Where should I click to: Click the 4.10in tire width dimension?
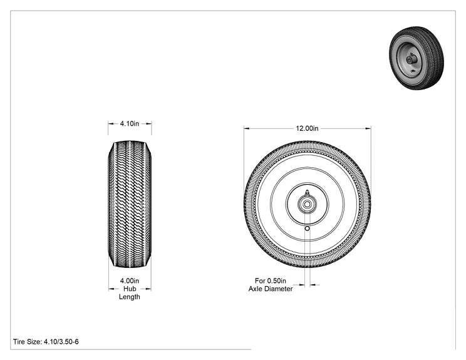[129, 123]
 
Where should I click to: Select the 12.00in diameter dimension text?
[307, 128]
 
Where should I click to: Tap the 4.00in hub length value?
[129, 280]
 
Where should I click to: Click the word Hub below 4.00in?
[130, 289]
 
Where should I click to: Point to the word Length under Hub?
[129, 297]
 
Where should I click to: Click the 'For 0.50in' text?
[271, 280]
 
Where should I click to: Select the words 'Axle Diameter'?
[271, 289]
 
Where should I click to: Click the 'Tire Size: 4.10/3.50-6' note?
[46, 342]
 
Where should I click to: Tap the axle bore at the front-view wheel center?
[308, 204]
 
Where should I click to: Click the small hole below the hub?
[308, 228]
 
